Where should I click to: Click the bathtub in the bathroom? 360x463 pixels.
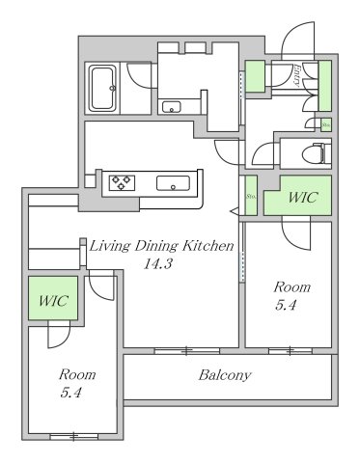pyautogui.click(x=103, y=89)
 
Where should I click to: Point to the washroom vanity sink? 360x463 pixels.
pyautogui.click(x=174, y=106)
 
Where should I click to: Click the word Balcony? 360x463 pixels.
pyautogui.click(x=225, y=375)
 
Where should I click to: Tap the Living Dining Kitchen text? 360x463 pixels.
pyautogui.click(x=161, y=247)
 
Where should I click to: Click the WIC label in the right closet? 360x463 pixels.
pyautogui.click(x=302, y=198)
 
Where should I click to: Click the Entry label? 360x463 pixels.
pyautogui.click(x=297, y=75)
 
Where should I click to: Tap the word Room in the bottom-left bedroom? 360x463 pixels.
pyautogui.click(x=75, y=374)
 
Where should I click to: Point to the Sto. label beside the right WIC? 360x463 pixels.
pyautogui.click(x=251, y=198)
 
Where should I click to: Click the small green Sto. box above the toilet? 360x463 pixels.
pyautogui.click(x=326, y=124)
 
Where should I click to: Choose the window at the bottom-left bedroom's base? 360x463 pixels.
pyautogui.click(x=73, y=437)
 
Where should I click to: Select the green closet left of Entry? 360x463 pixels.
pyautogui.click(x=255, y=77)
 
